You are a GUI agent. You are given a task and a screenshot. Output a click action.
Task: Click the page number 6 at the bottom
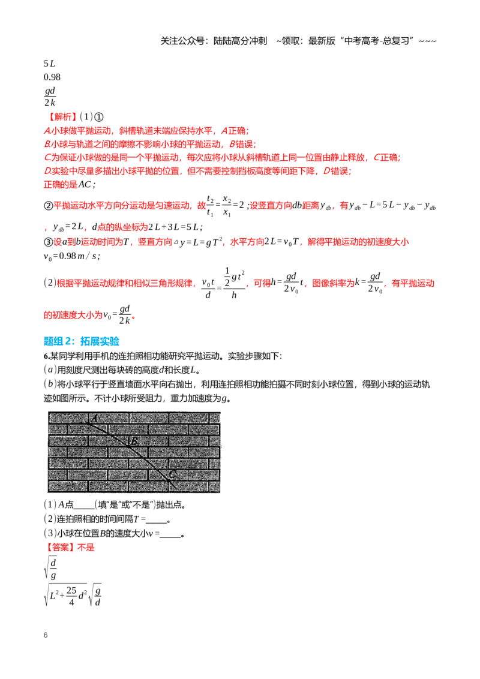pos(46,635)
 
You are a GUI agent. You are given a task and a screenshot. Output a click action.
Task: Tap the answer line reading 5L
pos(49,64)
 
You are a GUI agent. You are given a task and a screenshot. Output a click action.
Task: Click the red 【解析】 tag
pos(61,116)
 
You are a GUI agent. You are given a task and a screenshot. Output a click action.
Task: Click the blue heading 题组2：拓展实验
pos(82,341)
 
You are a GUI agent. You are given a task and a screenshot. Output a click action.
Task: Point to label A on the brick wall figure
pos(94,418)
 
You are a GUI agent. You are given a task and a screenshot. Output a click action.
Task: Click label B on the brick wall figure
pos(134,441)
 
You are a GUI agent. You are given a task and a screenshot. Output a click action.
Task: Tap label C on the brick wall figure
pos(173,474)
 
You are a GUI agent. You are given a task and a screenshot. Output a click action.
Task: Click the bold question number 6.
pos(46,356)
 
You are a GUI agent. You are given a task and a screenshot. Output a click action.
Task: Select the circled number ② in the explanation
pos(48,206)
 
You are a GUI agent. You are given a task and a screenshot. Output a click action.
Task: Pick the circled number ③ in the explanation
pos(48,242)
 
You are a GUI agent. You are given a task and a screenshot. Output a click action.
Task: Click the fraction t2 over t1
pos(210,206)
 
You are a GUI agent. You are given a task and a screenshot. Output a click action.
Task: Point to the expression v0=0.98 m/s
pos(72,256)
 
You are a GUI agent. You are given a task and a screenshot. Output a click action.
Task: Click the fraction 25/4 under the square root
pos(71,596)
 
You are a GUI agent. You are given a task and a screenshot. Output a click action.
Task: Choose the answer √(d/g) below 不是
pos(50,569)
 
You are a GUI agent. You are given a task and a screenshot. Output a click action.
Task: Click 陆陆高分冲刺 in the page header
pos(240,41)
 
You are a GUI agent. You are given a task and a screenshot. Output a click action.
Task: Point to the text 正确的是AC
pos(69,185)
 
